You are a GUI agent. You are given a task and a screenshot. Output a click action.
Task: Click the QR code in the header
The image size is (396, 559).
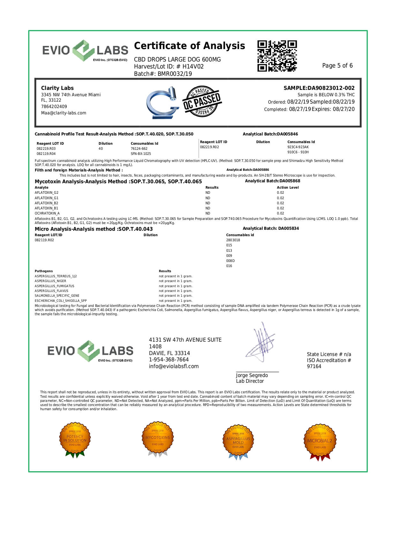[277, 56]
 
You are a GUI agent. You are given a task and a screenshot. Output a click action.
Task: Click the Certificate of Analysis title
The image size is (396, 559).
[189, 46]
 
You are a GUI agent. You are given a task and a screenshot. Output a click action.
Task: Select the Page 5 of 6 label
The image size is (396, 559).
[337, 66]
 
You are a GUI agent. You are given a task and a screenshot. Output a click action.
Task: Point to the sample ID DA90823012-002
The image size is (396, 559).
[319, 88]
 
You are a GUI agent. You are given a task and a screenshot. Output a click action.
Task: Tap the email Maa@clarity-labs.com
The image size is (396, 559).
[64, 113]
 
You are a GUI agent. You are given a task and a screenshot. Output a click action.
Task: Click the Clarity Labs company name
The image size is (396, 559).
[57, 88]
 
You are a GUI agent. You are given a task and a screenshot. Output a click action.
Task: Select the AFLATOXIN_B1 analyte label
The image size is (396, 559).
[46, 208]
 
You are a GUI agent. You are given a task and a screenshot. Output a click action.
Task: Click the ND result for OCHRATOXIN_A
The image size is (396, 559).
[208, 213]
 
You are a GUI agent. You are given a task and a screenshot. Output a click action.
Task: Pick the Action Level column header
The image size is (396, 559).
[288, 187]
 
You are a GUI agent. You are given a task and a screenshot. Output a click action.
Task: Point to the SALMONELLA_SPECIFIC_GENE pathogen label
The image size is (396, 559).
[57, 296]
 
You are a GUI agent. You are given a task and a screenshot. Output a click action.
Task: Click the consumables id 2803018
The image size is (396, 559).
[233, 240]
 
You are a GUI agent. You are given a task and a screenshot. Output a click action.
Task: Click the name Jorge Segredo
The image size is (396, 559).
[252, 375]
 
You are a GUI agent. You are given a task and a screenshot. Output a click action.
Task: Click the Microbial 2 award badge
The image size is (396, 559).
[319, 441]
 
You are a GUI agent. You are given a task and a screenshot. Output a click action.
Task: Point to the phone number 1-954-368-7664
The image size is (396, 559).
[169, 359]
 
